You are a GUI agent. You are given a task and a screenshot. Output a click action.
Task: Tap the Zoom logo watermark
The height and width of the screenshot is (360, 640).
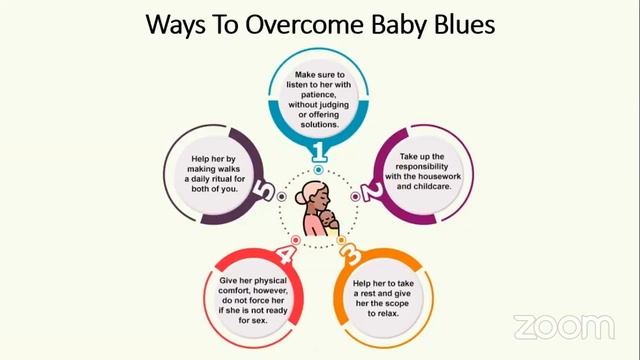tap(563, 326)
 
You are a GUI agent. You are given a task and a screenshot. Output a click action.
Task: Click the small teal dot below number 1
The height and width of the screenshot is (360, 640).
tap(320, 171)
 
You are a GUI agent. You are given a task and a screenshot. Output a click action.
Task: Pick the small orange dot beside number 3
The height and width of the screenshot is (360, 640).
tap(341, 241)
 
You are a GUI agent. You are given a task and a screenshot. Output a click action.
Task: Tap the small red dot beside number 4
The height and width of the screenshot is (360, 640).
tap(296, 241)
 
